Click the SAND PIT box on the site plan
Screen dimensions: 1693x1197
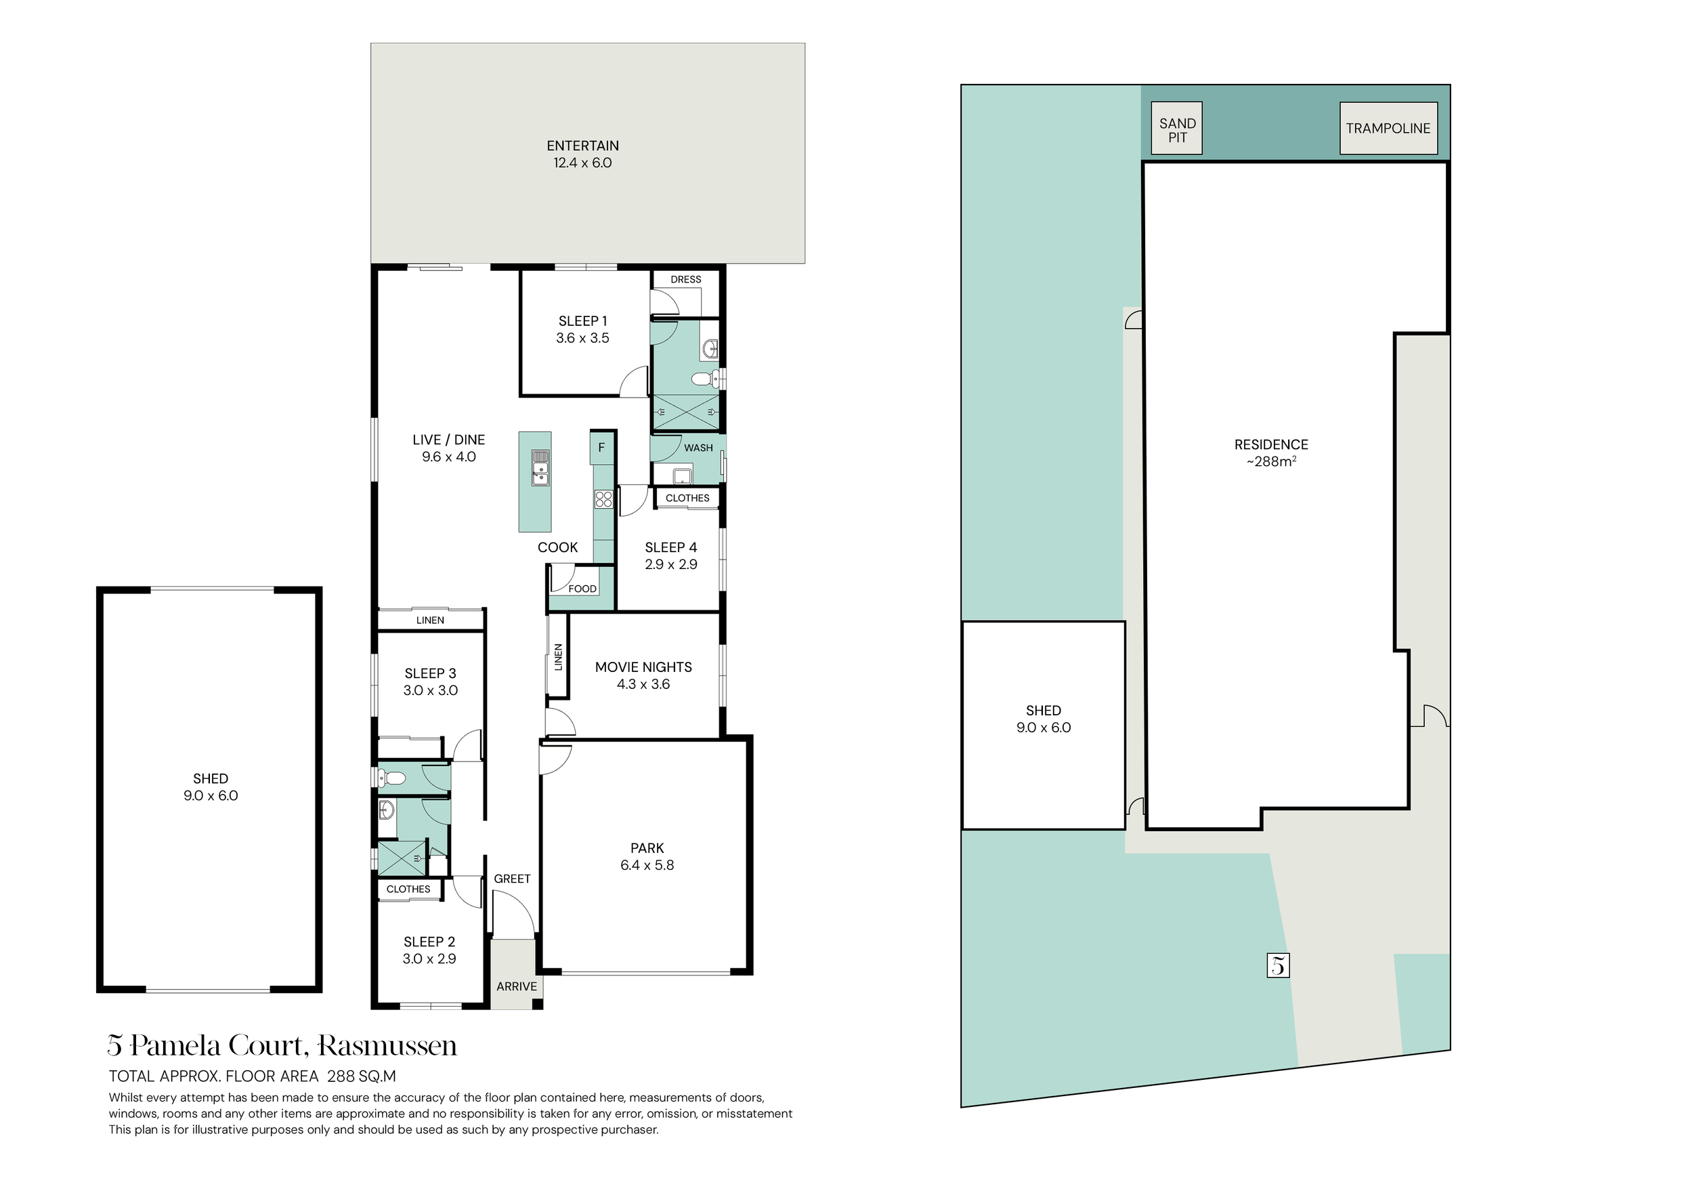click(1177, 128)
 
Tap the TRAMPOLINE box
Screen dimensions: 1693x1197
click(1388, 128)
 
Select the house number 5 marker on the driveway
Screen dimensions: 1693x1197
click(1279, 965)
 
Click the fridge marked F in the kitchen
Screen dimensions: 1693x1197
click(602, 448)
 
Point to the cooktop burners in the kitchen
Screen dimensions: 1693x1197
click(604, 499)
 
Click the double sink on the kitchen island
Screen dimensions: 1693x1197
click(540, 468)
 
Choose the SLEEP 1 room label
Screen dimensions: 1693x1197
click(582, 330)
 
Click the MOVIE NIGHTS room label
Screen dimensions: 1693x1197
click(644, 675)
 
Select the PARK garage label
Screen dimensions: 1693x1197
click(647, 856)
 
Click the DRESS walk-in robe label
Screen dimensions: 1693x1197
click(686, 280)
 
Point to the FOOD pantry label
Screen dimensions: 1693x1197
click(582, 589)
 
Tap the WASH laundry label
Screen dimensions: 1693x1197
click(698, 448)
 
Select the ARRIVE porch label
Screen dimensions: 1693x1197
click(516, 986)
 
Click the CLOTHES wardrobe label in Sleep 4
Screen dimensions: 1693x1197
click(687, 498)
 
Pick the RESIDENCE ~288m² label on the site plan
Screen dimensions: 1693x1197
click(1271, 453)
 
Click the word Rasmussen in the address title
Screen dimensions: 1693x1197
click(388, 1046)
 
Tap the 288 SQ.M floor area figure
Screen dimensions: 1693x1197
click(362, 1076)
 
